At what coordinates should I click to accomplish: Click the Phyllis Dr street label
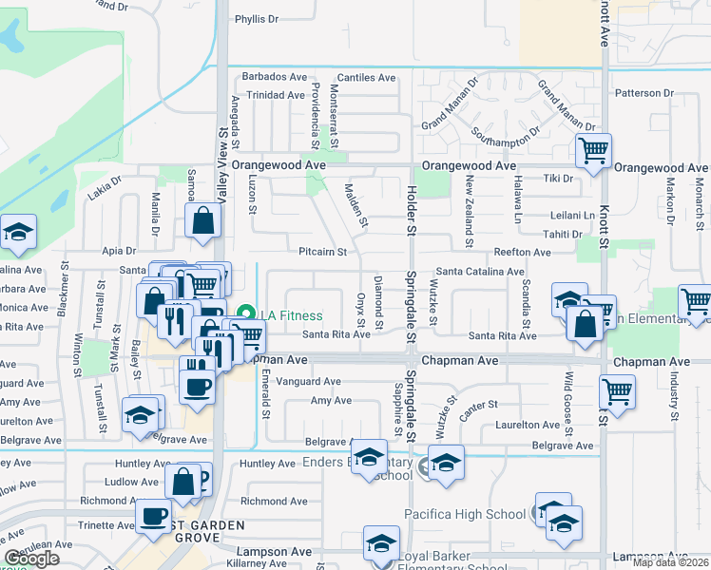point(257,18)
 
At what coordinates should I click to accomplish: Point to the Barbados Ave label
point(275,77)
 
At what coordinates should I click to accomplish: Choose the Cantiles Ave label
point(367,77)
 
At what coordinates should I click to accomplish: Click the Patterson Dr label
point(644,93)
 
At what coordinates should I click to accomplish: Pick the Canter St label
point(478,406)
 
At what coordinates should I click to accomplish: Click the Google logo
point(31,559)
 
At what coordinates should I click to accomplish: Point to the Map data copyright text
point(670,562)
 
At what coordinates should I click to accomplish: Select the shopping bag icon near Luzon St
point(204,221)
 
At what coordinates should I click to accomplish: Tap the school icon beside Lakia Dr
point(17,233)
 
